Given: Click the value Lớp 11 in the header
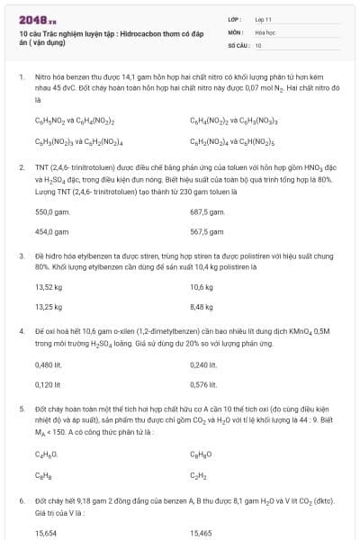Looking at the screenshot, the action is (263, 18).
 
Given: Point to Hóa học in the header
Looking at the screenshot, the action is (265, 31).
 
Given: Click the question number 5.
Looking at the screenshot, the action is (21, 408).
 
